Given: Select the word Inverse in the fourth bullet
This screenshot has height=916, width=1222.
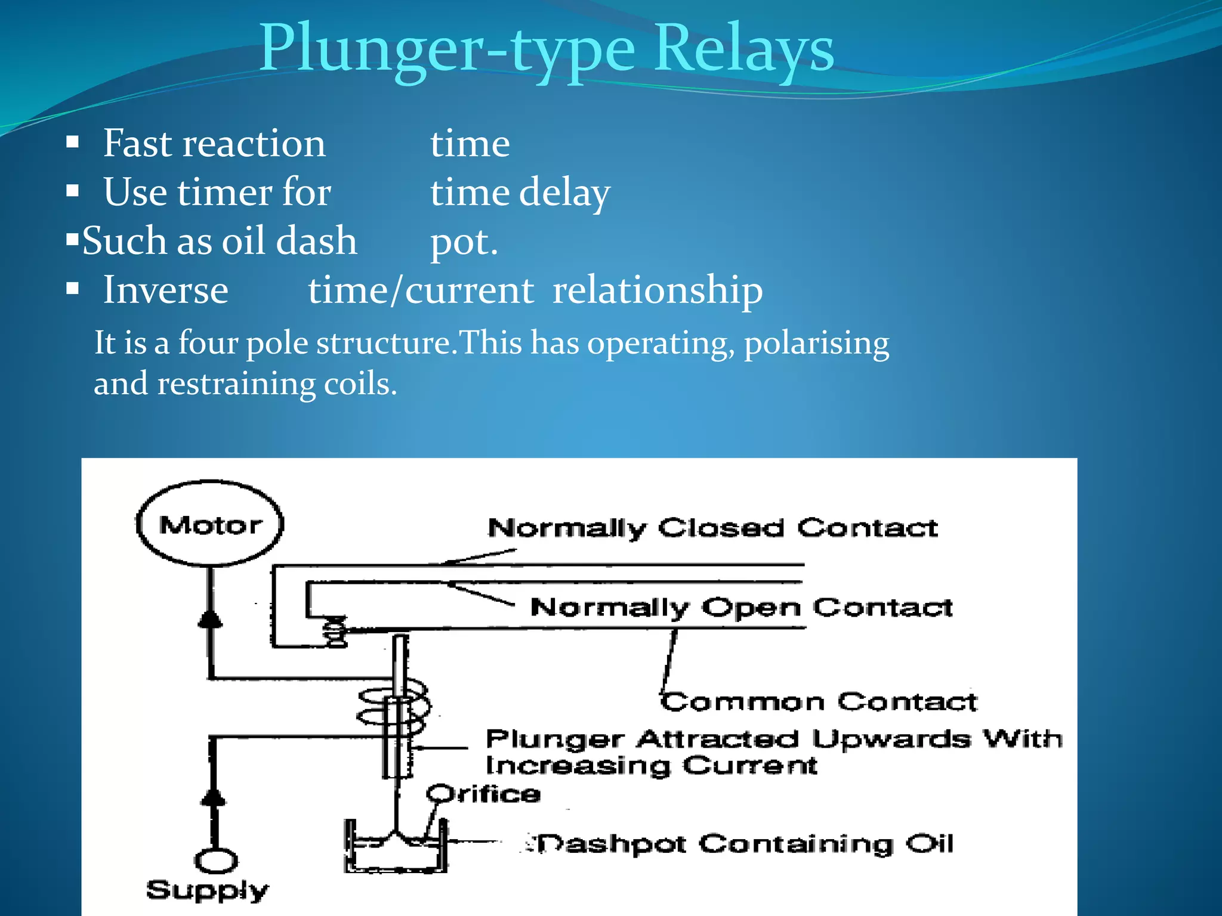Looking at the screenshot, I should [166, 290].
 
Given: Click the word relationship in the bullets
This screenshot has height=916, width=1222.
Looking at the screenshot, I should [658, 290].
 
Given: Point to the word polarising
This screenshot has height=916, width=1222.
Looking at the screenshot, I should [816, 344].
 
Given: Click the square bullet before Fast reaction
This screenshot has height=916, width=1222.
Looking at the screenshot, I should [73, 143].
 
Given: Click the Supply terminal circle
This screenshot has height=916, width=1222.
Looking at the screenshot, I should [216, 861].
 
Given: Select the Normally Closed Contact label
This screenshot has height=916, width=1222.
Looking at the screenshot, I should [712, 528].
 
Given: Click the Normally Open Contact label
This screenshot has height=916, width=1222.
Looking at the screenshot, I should [741, 608].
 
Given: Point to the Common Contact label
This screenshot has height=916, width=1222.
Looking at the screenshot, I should [819, 702].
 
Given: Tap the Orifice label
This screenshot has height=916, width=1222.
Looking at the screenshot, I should [483, 794].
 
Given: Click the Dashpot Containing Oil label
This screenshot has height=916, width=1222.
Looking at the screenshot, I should [743, 844].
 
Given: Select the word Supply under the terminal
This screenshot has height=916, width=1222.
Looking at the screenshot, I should [207, 890].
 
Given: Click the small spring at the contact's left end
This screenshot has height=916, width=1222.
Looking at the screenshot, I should [335, 632].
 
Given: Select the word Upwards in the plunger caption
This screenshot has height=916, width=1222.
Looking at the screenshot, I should [891, 739].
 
